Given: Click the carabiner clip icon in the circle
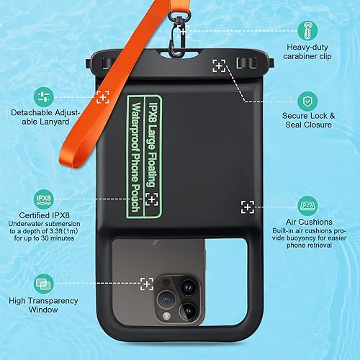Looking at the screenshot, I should (309, 30).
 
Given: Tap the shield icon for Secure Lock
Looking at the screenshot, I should (309, 100).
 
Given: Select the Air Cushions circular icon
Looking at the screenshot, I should (309, 207).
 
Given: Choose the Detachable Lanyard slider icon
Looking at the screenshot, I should (42, 96).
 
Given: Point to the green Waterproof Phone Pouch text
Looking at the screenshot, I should (135, 151).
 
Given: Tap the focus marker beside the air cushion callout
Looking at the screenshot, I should (248, 207).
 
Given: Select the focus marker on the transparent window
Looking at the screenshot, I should (147, 284).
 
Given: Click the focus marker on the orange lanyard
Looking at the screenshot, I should (103, 96).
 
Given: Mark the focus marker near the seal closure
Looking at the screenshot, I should (220, 66).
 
